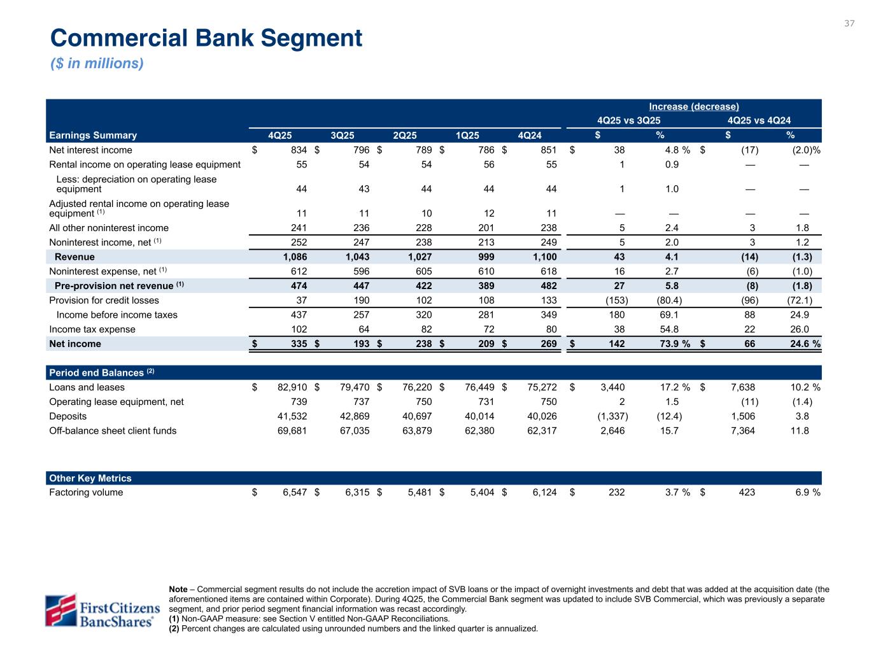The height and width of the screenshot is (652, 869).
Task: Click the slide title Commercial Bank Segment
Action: coord(206,38)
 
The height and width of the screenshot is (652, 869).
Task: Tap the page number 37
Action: coord(849,24)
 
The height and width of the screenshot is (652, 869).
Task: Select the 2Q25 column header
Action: coord(405,135)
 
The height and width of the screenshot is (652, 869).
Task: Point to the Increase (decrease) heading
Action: coord(694,106)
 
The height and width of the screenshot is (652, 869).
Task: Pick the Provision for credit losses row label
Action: coord(104,301)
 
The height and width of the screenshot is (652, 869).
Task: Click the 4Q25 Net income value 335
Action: coord(299,344)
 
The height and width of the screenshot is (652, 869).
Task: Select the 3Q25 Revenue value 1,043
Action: coord(357,257)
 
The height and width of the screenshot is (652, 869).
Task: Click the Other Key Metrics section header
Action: coord(90,478)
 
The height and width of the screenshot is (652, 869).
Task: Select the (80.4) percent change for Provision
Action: coord(668,301)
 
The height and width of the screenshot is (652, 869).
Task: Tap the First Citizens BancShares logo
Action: coord(101,610)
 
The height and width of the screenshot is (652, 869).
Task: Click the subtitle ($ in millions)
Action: coord(97,64)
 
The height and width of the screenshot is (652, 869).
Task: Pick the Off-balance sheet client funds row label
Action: coord(113,430)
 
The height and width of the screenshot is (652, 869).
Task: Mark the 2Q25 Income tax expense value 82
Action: coord(425,329)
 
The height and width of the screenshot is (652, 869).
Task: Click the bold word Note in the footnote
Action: coord(178,590)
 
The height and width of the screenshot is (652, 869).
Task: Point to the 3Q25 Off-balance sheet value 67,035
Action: coord(352,430)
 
